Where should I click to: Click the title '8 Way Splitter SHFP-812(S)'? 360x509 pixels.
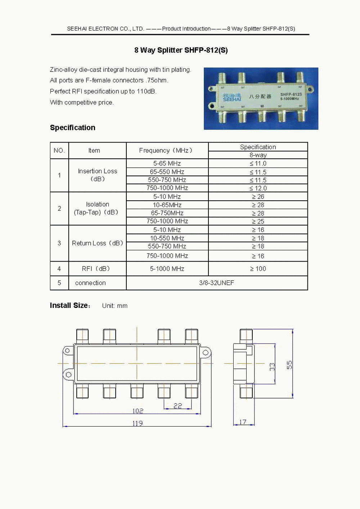181,50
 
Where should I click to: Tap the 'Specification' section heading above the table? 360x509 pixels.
73,128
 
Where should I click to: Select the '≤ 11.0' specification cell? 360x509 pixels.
258,163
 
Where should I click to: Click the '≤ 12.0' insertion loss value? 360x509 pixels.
258,188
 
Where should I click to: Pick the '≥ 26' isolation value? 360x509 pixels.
258,197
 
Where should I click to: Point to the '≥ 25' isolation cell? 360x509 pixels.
258,221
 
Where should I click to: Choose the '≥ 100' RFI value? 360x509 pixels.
258,269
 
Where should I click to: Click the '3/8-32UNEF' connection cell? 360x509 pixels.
217,283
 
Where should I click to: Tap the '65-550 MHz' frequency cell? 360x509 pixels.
167,172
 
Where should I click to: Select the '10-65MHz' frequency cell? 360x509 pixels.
167,205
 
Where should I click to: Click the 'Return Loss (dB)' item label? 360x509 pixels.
97,243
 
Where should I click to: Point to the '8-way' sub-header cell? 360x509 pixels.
258,155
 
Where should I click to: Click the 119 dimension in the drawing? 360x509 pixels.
137,423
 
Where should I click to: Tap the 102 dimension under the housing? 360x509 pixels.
138,411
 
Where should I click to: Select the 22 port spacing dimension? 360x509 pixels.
177,406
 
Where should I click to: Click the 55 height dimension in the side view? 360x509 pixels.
289,365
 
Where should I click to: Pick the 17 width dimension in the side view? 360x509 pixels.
243,422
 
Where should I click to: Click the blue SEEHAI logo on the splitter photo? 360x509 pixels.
231,97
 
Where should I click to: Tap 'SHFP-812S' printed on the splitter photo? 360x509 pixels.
291,94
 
